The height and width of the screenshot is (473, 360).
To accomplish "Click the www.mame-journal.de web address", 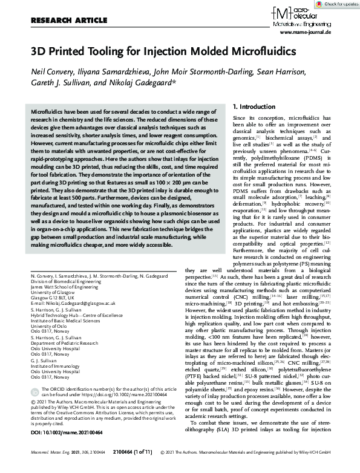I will tap(323, 36).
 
